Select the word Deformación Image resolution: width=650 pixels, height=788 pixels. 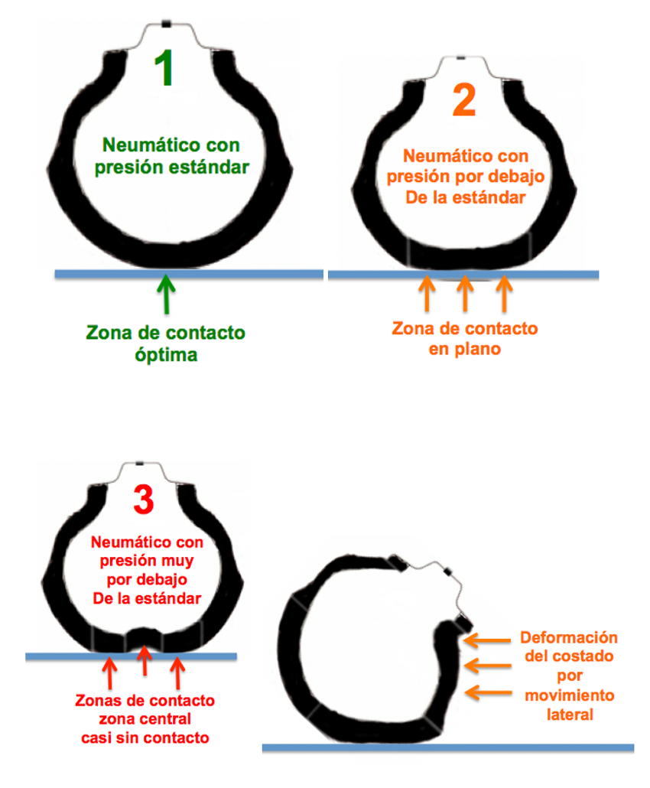coord(568,637)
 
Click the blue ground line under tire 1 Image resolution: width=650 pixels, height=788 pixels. coord(188,274)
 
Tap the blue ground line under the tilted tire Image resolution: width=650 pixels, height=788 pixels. coord(447,747)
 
